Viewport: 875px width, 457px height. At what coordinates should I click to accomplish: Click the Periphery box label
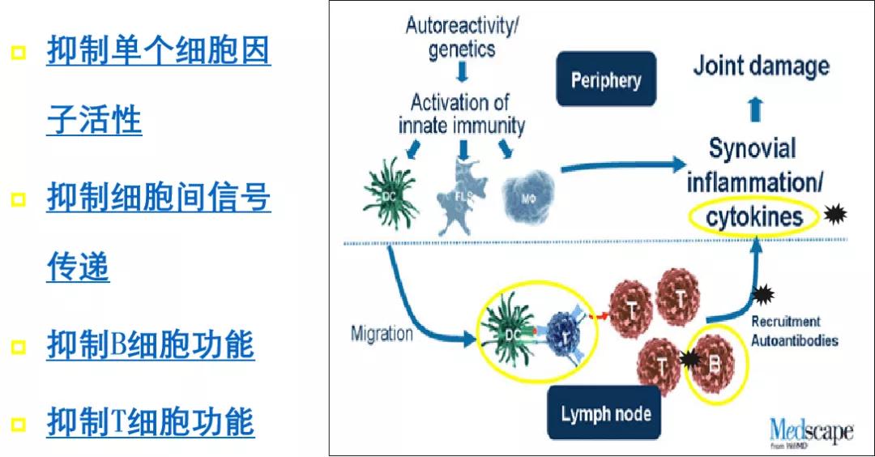(x=605, y=80)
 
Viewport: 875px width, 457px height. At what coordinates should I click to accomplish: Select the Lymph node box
(x=605, y=413)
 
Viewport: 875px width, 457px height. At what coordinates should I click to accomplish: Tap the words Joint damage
(x=761, y=66)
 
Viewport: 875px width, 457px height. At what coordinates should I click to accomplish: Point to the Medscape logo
(x=810, y=431)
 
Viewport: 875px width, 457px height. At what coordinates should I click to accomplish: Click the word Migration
(x=382, y=333)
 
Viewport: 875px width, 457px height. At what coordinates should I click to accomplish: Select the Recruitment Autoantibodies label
(x=794, y=331)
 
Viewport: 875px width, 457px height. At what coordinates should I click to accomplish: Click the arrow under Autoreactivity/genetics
(x=462, y=73)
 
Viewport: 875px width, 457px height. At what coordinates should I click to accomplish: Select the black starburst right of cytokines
(x=834, y=216)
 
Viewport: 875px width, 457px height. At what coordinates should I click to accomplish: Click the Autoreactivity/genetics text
(x=463, y=37)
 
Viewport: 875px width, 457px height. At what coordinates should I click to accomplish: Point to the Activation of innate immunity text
(x=461, y=114)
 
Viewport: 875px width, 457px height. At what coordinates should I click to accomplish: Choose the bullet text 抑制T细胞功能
(x=150, y=422)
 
